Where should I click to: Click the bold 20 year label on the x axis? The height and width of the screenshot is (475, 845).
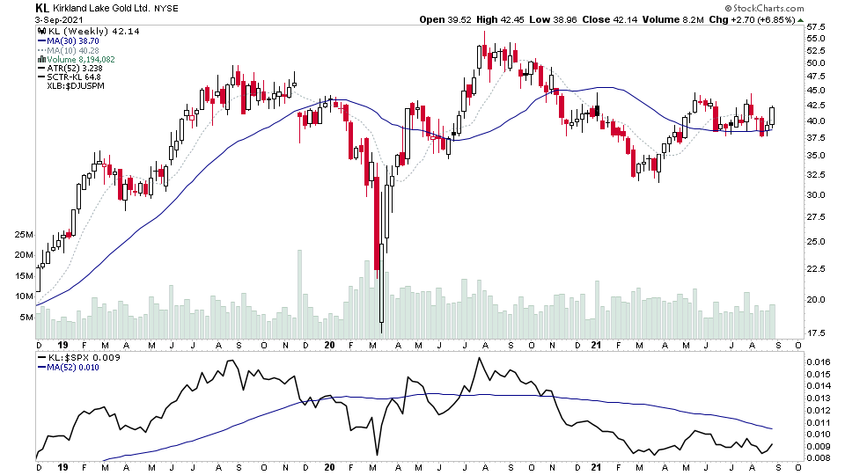tap(329, 346)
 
